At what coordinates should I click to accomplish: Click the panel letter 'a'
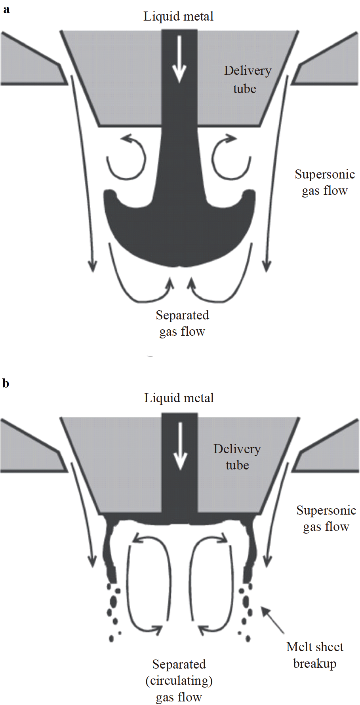click(x=6, y=10)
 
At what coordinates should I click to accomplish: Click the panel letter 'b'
click(x=6, y=383)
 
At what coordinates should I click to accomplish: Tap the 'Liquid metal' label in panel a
click(x=178, y=17)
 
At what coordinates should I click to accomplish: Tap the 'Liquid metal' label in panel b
click(x=179, y=398)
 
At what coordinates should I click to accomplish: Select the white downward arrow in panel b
click(x=181, y=446)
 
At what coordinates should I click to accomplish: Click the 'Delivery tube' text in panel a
click(x=247, y=80)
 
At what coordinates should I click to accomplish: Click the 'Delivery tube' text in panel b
click(x=237, y=457)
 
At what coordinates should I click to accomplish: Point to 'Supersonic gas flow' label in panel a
click(x=324, y=182)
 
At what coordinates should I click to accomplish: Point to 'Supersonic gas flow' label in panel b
click(x=326, y=519)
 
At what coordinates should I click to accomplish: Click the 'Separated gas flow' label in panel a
click(x=182, y=323)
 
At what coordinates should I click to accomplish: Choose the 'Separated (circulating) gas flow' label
click(x=179, y=680)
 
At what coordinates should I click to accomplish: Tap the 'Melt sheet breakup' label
click(x=315, y=655)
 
